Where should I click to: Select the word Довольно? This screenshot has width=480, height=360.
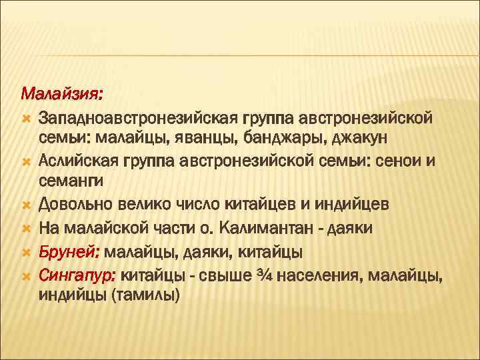point(73,204)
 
